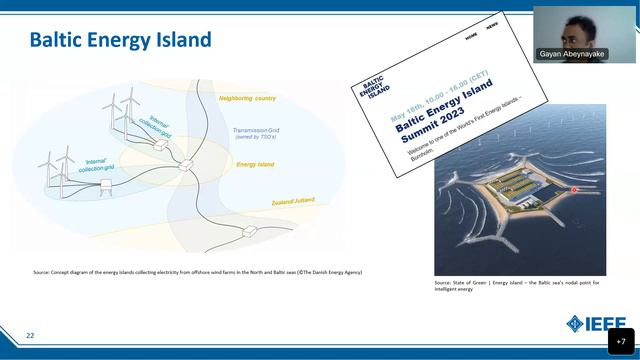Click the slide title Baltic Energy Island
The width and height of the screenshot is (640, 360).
point(120,40)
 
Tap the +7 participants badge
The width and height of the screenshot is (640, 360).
point(620,341)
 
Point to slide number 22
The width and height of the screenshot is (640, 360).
point(30,335)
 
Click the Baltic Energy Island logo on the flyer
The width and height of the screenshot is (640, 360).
point(377,86)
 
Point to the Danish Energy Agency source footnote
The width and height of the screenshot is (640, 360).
point(197,272)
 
